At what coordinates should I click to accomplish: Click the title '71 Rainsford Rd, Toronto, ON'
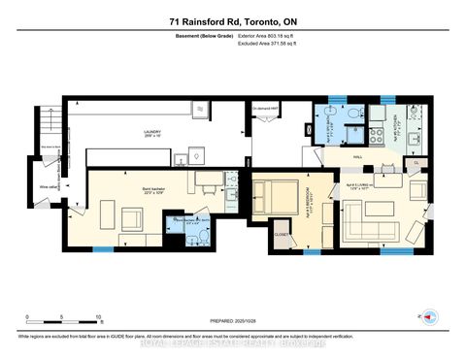click(x=232, y=18)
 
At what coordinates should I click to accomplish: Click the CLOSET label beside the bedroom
click(x=280, y=234)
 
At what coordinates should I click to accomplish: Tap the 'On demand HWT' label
click(x=266, y=107)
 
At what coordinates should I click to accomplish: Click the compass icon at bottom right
click(x=426, y=315)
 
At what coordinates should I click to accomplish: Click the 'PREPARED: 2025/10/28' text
click(x=233, y=323)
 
